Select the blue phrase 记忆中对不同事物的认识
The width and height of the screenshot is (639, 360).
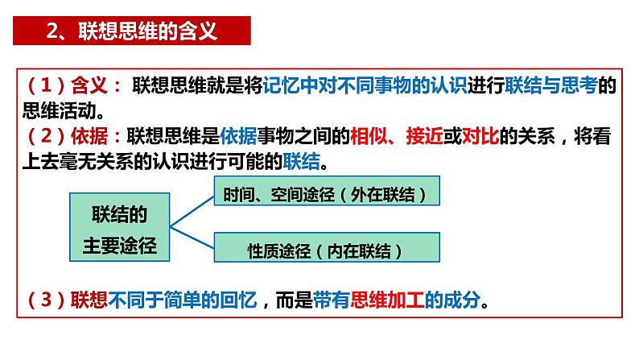365,86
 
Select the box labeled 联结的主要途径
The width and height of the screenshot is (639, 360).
121,228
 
